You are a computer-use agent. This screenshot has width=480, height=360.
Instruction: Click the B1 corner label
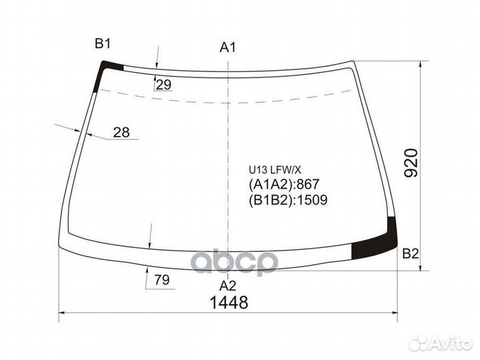[103, 44]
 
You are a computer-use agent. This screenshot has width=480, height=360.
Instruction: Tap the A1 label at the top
[228, 47]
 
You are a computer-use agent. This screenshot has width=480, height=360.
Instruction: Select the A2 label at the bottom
[228, 285]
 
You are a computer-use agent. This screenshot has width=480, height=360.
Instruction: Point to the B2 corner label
[410, 254]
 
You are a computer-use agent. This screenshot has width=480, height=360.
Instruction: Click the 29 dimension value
[163, 85]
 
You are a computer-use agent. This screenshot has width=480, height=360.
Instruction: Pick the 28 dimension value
[121, 132]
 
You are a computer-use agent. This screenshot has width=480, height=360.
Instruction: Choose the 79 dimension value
[162, 280]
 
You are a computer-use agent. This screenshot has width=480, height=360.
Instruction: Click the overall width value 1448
[229, 303]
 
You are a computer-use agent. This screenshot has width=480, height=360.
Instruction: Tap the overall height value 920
[411, 163]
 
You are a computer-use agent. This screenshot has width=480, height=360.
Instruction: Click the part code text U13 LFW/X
[275, 170]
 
